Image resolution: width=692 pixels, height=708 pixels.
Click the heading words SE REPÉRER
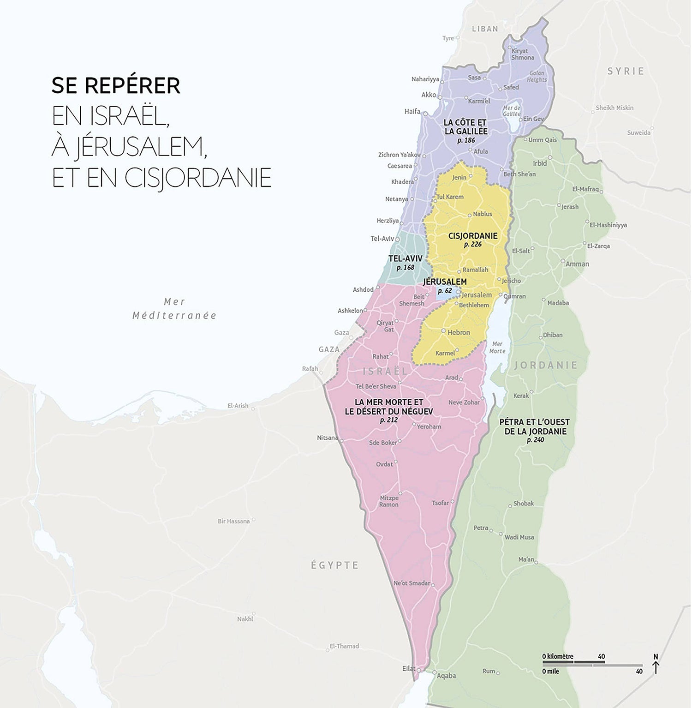click(x=116, y=86)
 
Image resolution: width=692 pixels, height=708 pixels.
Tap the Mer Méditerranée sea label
click(x=174, y=309)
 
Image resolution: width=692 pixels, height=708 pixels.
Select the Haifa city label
click(x=412, y=111)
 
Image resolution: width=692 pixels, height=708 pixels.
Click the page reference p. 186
click(x=466, y=140)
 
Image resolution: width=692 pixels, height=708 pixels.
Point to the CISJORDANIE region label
click(x=473, y=236)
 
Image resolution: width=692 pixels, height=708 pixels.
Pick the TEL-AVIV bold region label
click(x=406, y=258)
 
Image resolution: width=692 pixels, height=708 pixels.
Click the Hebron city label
click(x=459, y=332)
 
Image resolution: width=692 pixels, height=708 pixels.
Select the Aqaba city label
click(x=446, y=676)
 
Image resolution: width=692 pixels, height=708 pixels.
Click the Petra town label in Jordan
click(x=481, y=528)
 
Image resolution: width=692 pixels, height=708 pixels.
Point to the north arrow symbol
click(x=656, y=665)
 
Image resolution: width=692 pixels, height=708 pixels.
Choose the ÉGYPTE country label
click(x=334, y=565)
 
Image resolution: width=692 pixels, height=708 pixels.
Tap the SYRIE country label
click(x=626, y=71)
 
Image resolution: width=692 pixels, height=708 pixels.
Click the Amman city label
click(x=577, y=264)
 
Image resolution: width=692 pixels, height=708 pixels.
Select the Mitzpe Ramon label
click(x=389, y=501)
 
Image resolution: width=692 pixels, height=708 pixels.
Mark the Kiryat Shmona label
click(x=522, y=54)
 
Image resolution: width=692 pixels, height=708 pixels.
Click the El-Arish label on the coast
click(x=238, y=406)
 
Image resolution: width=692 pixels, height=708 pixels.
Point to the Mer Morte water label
click(x=497, y=347)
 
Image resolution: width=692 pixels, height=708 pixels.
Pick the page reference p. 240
click(x=535, y=440)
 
